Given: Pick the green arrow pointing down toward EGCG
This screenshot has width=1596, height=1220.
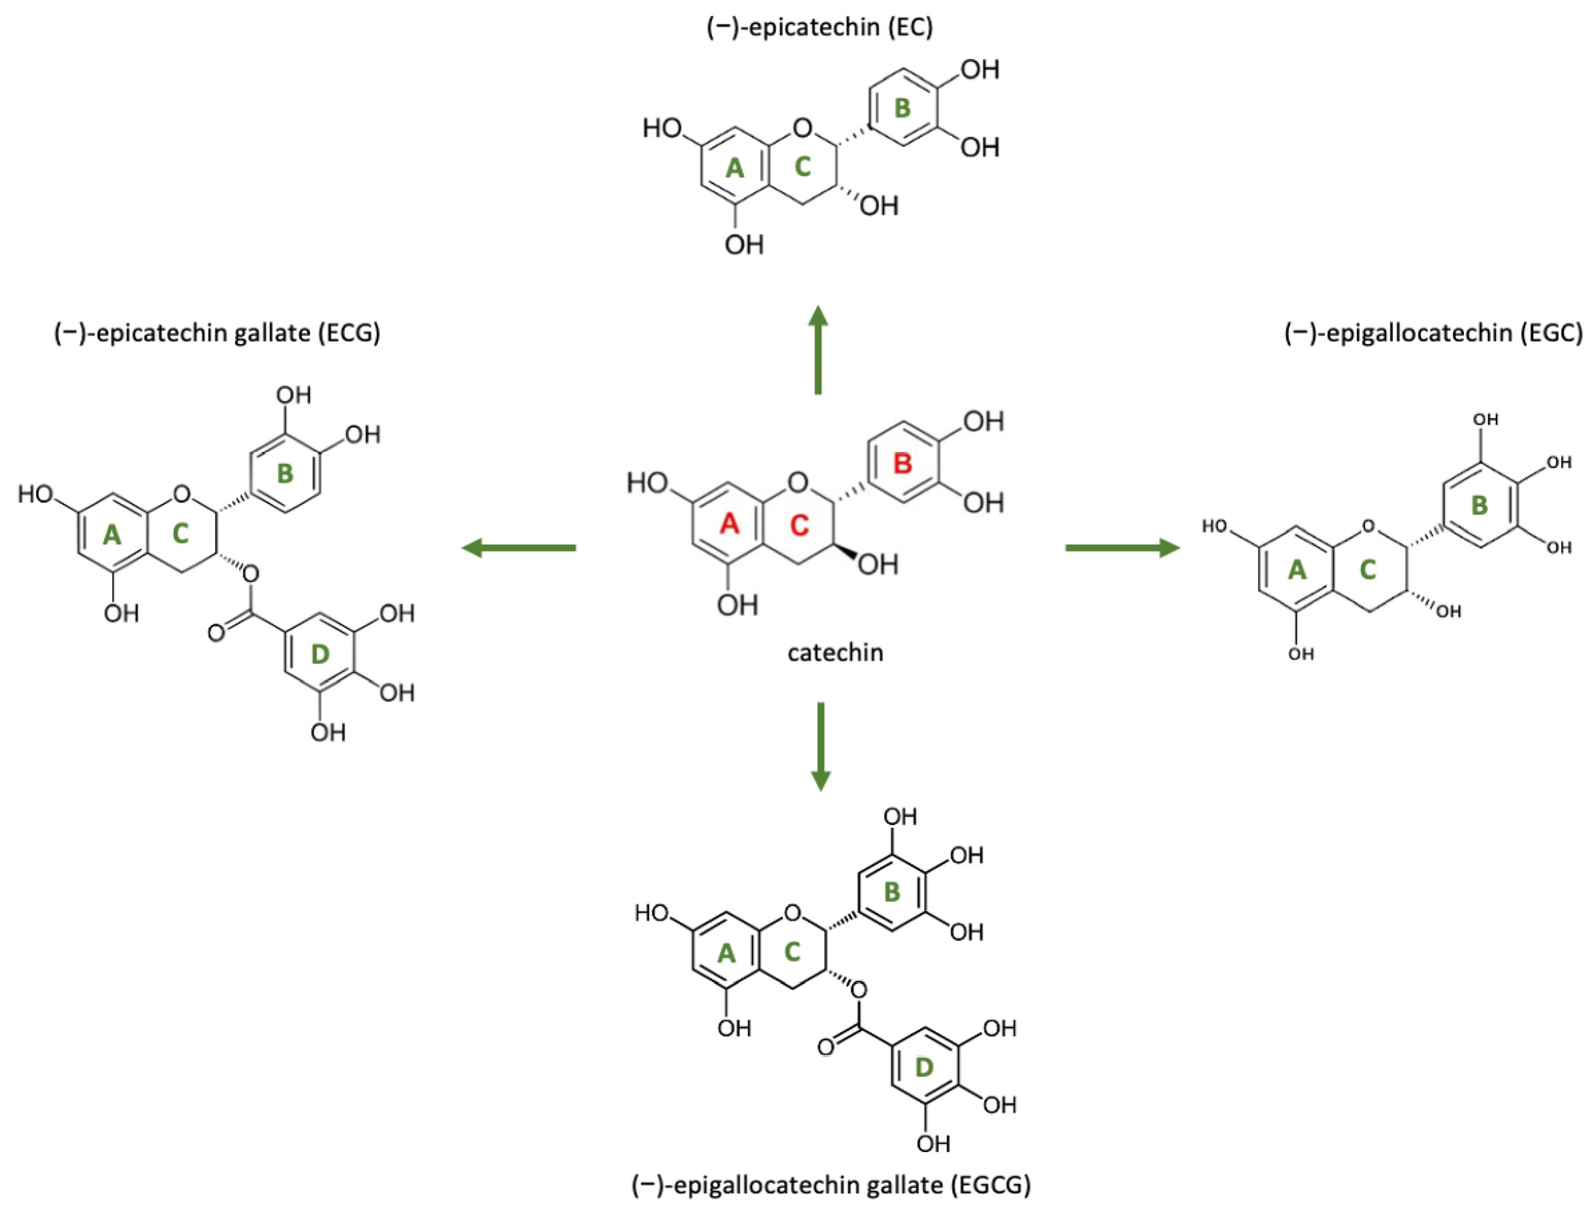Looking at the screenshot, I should tap(820, 746).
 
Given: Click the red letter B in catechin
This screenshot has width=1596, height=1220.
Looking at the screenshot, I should tap(902, 463).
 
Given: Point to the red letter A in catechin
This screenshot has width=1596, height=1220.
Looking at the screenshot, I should tap(729, 523).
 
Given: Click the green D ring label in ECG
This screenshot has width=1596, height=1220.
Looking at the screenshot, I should tap(320, 654).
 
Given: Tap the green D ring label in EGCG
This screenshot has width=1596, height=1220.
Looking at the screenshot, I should tap(923, 1067).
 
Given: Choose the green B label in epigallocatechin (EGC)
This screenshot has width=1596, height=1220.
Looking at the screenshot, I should tap(1479, 505).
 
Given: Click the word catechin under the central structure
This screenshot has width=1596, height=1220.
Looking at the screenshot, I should tap(835, 653).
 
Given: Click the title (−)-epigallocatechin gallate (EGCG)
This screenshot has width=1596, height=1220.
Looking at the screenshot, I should tap(831, 1185).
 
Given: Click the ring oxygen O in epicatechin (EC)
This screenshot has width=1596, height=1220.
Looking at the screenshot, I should tap(802, 128).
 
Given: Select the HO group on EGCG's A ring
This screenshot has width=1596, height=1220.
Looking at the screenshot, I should tap(651, 913).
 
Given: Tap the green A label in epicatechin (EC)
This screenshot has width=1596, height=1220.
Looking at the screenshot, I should tap(734, 168).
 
